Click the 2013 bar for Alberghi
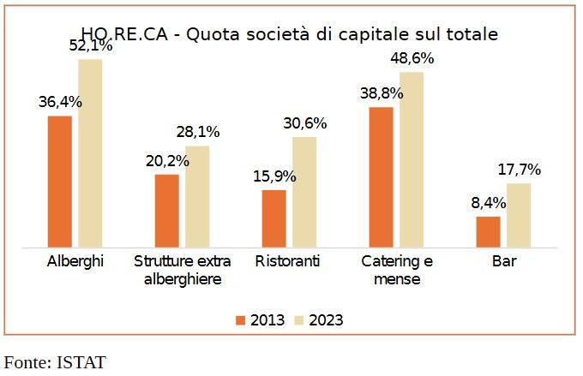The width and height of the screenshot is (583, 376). (60, 181)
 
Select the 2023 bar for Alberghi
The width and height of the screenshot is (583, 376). (90, 152)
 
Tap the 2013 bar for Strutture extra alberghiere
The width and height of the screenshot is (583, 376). (166, 211)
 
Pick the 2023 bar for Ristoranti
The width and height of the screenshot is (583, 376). (304, 192)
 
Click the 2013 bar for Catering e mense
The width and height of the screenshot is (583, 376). (381, 176)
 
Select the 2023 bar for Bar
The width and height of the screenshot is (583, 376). (519, 215)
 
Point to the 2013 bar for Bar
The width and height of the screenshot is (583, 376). (488, 231)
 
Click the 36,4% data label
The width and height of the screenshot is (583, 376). (60, 102)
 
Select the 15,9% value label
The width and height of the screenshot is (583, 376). (274, 176)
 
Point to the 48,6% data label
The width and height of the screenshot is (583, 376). (412, 58)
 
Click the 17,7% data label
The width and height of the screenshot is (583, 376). (520, 170)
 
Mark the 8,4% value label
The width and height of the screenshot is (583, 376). (489, 203)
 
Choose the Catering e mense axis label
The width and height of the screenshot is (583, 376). (397, 270)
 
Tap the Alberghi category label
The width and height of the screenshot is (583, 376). (75, 261)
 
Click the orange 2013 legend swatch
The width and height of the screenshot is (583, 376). (241, 320)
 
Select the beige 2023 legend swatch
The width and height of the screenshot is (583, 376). (300, 320)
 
